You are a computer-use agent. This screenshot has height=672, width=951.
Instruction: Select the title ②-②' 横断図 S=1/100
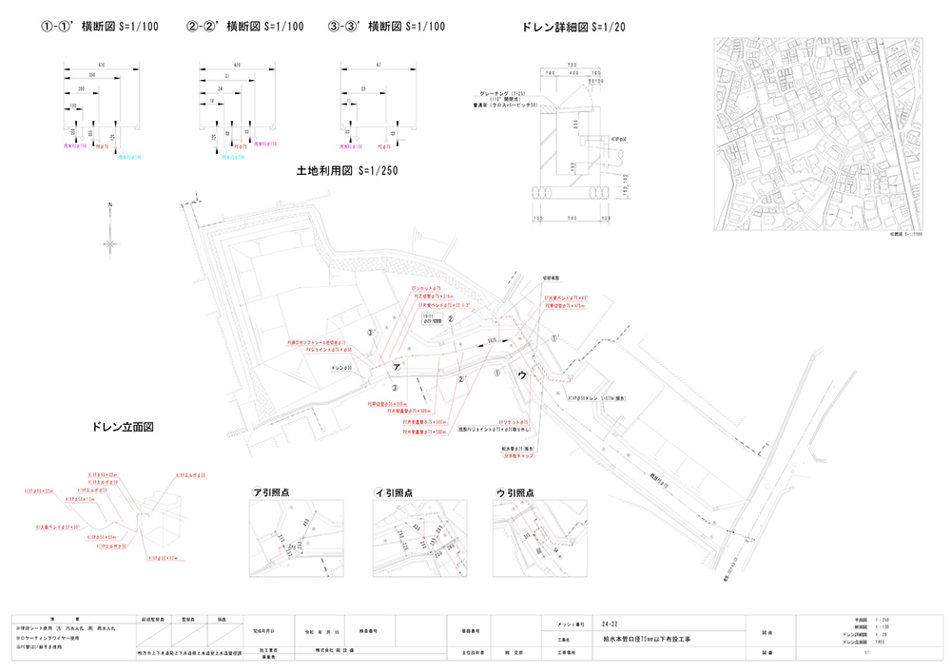pos(244,28)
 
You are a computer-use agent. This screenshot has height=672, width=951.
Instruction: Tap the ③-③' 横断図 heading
pos(386,28)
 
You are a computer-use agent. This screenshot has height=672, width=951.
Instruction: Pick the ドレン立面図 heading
pos(123,428)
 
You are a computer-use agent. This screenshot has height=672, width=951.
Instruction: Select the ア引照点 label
pos(272,493)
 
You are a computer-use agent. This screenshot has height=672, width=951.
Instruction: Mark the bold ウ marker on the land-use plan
pos(521,375)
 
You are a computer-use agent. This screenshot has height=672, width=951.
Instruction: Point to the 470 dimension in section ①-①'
pos(102,63)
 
